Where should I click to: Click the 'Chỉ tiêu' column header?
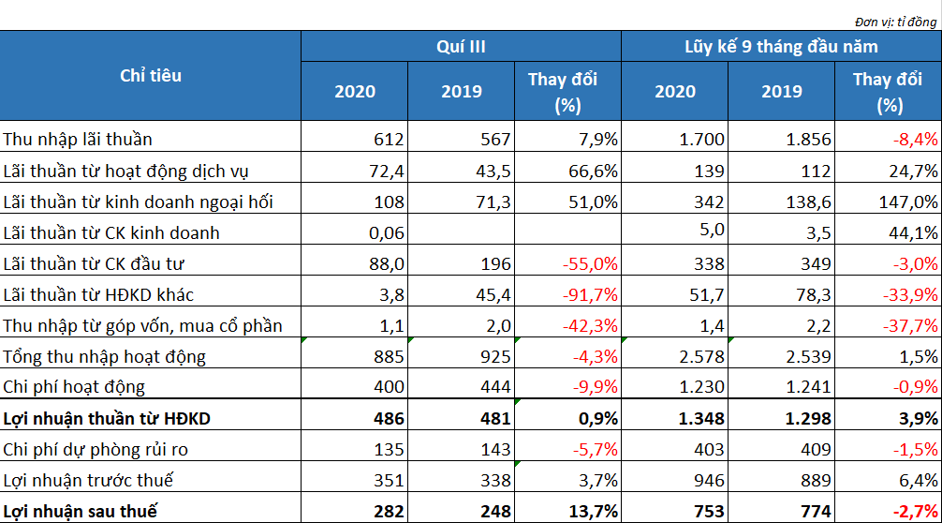pyautogui.click(x=150, y=76)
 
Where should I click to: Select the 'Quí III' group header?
pyautogui.click(x=461, y=46)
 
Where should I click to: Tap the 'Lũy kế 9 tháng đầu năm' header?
pyautogui.click(x=781, y=46)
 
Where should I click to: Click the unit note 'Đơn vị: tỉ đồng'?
pyautogui.click(x=895, y=22)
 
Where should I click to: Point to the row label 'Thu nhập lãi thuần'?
pyautogui.click(x=78, y=140)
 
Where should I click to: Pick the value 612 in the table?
pyautogui.click(x=389, y=140)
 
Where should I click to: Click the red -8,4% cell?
pyautogui.click(x=915, y=140)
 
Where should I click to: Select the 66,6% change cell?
pyautogui.click(x=593, y=171)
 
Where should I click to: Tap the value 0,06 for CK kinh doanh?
pyautogui.click(x=387, y=232)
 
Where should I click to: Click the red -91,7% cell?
pyautogui.click(x=590, y=294)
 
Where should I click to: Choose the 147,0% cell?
pyautogui.click(x=908, y=202)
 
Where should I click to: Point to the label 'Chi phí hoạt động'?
pyautogui.click(x=74, y=386)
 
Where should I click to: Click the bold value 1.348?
pyautogui.click(x=701, y=418)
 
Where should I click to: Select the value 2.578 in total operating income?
pyautogui.click(x=701, y=356)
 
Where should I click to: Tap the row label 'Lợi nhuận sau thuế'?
pyautogui.click(x=80, y=511)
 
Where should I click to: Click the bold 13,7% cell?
pyautogui.click(x=593, y=511)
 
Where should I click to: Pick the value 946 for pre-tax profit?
pyautogui.click(x=709, y=480)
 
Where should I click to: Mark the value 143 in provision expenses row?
pyautogui.click(x=495, y=449)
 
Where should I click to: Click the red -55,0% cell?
pyautogui.click(x=590, y=264)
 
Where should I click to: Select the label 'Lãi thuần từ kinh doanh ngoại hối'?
pyautogui.click(x=138, y=202)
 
